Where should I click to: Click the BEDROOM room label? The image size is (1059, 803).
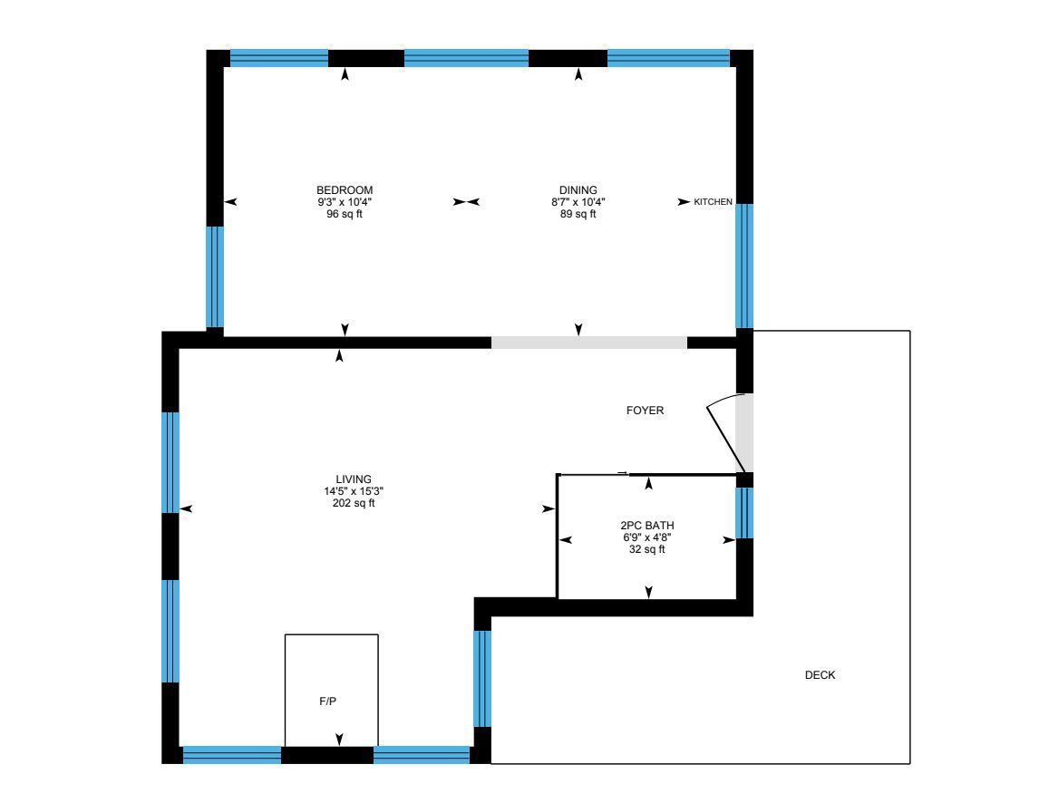(x=345, y=190)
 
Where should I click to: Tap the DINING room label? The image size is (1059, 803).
(x=578, y=190)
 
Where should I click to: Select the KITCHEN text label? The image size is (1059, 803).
(x=714, y=202)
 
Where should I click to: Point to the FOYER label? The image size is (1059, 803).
(x=645, y=411)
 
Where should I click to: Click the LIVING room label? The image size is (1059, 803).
(x=354, y=479)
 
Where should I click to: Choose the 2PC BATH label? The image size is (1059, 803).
(x=647, y=526)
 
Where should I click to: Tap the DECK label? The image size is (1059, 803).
(x=820, y=675)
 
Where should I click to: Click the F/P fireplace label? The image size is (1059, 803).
(x=327, y=701)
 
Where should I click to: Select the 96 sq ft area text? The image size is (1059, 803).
(x=345, y=214)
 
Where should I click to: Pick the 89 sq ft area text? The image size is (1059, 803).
(x=578, y=214)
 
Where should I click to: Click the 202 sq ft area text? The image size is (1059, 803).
(x=354, y=503)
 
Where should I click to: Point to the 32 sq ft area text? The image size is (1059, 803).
(x=647, y=550)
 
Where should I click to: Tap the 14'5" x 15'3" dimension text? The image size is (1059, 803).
(x=354, y=491)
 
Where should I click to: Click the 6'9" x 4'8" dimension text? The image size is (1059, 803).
(x=647, y=537)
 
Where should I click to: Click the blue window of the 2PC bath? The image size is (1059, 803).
(x=744, y=513)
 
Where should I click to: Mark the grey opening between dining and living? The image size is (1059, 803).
(x=589, y=343)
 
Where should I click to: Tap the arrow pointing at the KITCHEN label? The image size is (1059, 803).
(x=685, y=202)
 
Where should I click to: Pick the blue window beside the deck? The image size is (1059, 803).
(x=482, y=679)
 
